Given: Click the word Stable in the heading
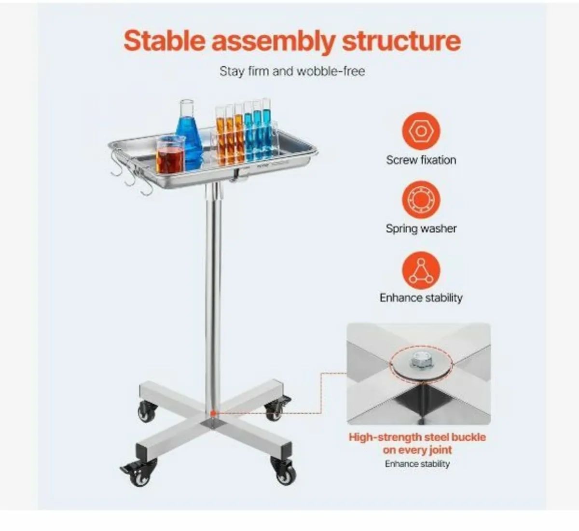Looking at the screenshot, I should (x=165, y=41).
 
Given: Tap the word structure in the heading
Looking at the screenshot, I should (x=401, y=41).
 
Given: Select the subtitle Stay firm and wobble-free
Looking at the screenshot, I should (x=292, y=71).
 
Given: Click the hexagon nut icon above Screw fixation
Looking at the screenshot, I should (x=421, y=131).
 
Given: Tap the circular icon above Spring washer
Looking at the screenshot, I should (x=421, y=199).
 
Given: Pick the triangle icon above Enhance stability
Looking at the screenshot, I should (x=421, y=270).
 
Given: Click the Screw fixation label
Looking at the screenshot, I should (x=421, y=160).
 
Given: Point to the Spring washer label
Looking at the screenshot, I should (x=421, y=229).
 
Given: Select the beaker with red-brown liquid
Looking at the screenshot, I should (x=170, y=155).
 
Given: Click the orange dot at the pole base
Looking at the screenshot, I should (x=213, y=414).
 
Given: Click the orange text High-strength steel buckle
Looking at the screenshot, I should (x=417, y=437).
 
